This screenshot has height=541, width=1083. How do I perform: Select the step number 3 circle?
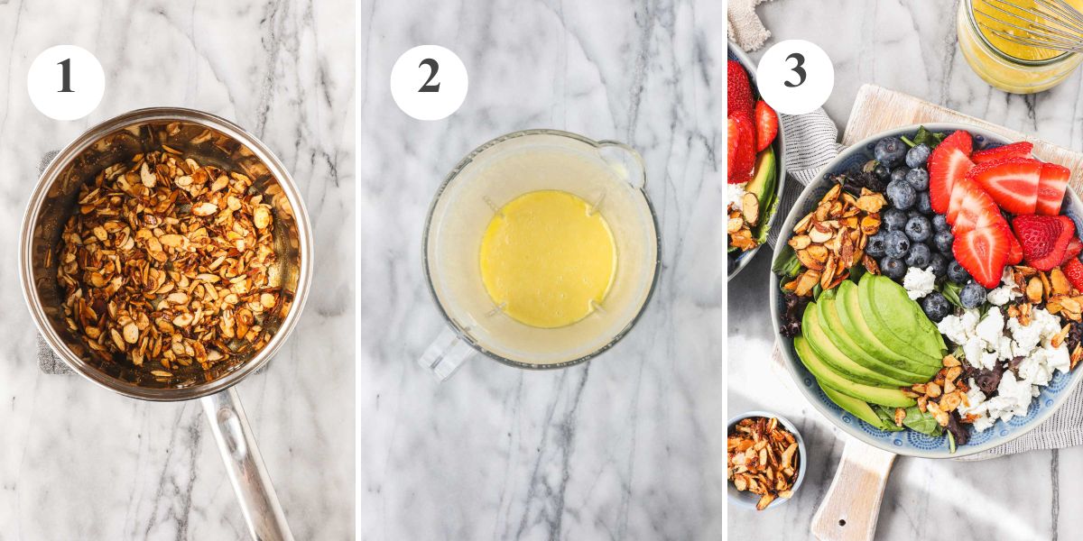coord(794,77)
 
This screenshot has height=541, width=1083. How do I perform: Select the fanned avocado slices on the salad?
coord(866,338)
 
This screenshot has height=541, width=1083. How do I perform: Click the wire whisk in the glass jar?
coord(1038,23)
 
